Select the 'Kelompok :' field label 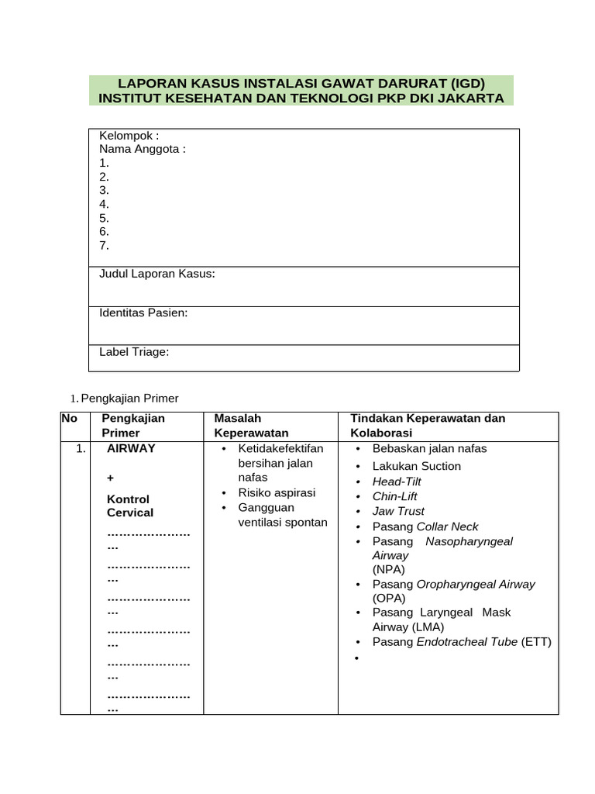point(129,136)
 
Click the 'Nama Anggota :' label point(143,149)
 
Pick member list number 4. point(105,204)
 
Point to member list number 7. point(105,246)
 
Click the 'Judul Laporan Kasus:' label point(157,274)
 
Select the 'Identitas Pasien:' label point(143,312)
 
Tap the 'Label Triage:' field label point(134,352)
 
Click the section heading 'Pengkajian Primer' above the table point(129,399)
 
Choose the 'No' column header point(69,419)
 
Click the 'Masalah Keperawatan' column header point(251,426)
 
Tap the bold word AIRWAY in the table point(131,448)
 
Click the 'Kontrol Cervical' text point(129,506)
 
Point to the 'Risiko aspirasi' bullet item point(277,492)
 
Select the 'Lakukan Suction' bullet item point(416,466)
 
